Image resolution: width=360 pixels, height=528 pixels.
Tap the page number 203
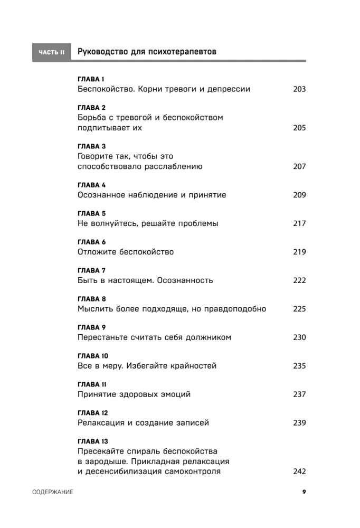299,89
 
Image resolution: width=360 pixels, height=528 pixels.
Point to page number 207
299,167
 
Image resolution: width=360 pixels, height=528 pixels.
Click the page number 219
299,252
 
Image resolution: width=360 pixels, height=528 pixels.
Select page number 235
299,366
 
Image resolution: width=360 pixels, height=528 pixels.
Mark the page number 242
299,472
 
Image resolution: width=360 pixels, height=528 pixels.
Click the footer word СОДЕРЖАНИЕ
52,492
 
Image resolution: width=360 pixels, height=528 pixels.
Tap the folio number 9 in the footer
304,492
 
